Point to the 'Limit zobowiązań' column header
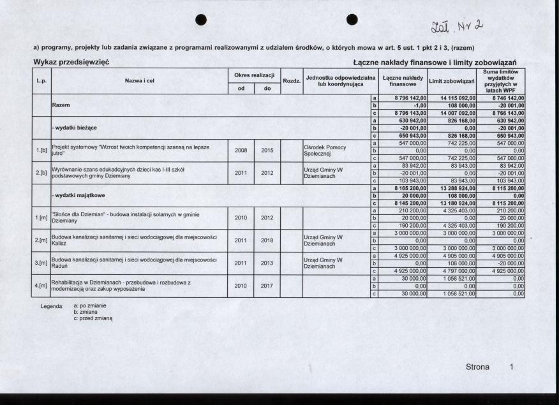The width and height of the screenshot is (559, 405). (x=452, y=81)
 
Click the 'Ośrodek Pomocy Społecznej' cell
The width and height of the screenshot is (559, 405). (x=325, y=151)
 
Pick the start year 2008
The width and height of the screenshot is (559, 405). (x=241, y=151)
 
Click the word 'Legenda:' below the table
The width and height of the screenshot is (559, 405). (x=52, y=307)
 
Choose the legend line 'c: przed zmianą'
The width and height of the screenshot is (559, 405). (x=93, y=318)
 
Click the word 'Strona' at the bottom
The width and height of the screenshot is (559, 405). (x=477, y=367)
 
